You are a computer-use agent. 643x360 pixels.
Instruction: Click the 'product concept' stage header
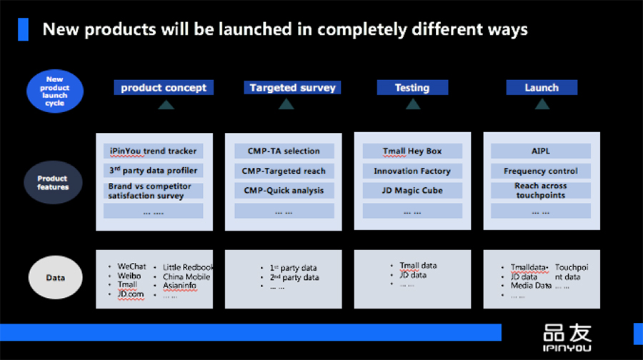click(164, 87)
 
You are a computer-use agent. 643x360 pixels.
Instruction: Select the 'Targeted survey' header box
click(292, 87)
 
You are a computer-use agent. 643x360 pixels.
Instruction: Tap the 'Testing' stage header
click(412, 87)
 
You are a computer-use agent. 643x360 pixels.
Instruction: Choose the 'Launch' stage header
click(542, 87)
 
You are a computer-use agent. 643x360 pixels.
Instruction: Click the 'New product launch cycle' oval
click(55, 91)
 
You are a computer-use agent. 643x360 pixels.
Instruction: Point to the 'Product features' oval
click(53, 182)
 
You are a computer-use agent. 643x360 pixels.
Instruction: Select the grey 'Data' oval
click(55, 278)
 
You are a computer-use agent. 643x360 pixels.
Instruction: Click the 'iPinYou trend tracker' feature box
click(154, 151)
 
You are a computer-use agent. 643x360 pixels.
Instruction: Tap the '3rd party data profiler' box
click(154, 170)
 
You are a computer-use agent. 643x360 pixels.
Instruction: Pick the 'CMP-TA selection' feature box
click(284, 151)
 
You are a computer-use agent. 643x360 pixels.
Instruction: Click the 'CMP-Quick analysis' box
click(284, 190)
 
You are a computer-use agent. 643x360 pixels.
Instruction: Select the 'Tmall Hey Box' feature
click(412, 151)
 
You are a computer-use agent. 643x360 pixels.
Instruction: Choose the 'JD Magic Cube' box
click(412, 190)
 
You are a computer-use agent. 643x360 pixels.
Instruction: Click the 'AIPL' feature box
click(541, 151)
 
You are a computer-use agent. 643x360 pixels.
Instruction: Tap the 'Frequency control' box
click(541, 171)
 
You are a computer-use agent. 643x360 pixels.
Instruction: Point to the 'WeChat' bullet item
click(131, 266)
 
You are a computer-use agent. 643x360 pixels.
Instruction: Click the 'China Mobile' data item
click(186, 276)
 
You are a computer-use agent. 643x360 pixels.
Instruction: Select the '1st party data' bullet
click(293, 268)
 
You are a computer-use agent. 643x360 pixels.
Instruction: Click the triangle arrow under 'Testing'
click(413, 104)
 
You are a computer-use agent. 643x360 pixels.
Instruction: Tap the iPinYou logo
click(567, 338)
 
